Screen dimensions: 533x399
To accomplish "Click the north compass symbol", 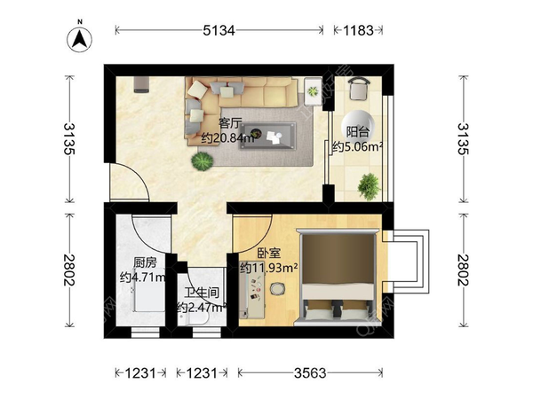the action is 80,39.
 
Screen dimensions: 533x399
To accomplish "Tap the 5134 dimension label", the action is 219,30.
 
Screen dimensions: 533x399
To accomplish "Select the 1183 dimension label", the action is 358,30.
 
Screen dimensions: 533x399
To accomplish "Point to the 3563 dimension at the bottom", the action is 310,373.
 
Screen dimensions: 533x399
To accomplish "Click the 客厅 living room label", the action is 230,123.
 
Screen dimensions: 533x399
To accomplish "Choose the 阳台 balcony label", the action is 357,132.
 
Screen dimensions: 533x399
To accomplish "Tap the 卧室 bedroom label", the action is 269,253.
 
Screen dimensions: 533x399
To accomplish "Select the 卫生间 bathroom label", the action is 202,293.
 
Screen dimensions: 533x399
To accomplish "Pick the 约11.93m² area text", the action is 269,268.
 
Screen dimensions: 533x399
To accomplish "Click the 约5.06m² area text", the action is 357,147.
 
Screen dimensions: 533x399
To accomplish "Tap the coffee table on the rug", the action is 267,136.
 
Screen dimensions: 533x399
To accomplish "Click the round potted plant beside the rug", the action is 203,160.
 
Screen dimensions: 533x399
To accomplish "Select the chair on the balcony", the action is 359,88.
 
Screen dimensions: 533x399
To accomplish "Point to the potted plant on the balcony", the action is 369,186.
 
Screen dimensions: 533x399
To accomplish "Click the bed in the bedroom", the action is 337,278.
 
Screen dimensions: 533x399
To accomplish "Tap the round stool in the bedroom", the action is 277,289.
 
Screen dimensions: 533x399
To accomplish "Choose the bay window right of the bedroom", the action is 406,262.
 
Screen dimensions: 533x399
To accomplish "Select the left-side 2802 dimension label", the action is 69,270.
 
